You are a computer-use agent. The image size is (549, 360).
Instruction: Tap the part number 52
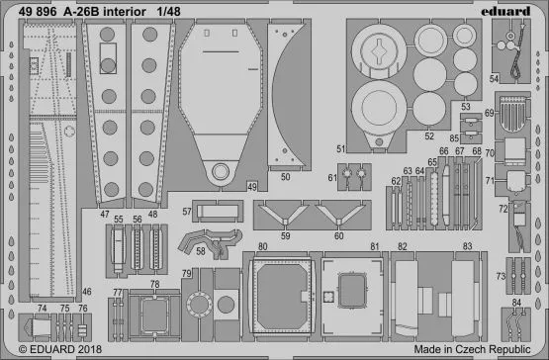[x=429, y=136]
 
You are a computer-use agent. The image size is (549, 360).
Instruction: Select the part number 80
[x=262, y=245]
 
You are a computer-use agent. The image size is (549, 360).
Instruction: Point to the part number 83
[x=465, y=245]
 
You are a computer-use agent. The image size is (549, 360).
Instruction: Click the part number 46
[x=87, y=292]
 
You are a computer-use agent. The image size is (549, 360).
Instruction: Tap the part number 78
[x=153, y=284]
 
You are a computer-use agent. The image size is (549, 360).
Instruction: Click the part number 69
[x=516, y=115]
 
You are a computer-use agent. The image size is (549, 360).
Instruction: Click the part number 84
[x=516, y=301]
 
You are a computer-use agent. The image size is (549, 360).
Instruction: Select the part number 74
[x=42, y=308]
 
